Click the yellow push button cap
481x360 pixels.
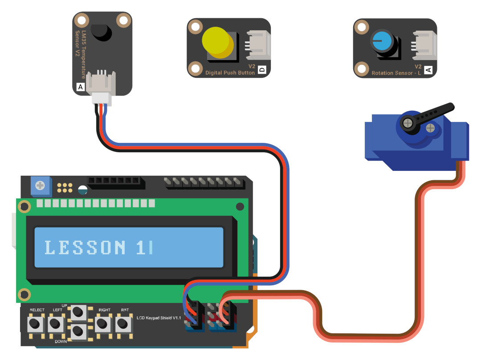point(218,42)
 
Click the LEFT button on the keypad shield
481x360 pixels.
point(56,324)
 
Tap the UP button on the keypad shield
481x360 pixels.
point(78,312)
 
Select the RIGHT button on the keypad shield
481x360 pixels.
point(102,324)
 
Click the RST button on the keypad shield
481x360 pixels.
point(123,324)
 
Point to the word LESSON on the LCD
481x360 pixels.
point(85,247)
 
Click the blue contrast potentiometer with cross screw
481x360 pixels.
point(41,186)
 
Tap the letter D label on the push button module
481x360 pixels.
point(262,69)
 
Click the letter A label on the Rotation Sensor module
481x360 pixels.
point(428,70)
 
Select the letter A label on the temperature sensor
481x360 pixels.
point(80,87)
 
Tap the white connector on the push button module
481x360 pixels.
point(258,45)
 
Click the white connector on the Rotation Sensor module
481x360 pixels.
point(424,45)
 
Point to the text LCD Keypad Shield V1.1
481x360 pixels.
point(159,318)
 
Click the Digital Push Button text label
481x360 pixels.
point(230,73)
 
